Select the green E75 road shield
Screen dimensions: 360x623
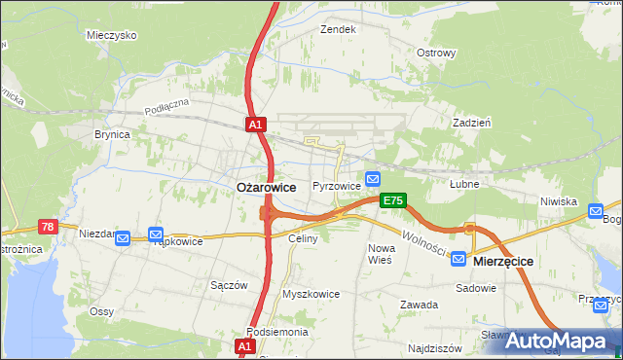[x=393, y=200]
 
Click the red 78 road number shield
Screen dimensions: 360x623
[x=47, y=226]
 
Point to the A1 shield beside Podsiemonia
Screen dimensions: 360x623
[x=246, y=345]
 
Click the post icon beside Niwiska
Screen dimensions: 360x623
[x=596, y=208]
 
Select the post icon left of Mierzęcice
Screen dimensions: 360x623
[x=458, y=260]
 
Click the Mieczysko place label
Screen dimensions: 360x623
[x=111, y=34]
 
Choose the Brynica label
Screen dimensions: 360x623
[x=112, y=134]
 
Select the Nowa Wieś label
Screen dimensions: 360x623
[x=380, y=254]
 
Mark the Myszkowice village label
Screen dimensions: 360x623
[x=311, y=293]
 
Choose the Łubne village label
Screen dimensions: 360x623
[x=463, y=183]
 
